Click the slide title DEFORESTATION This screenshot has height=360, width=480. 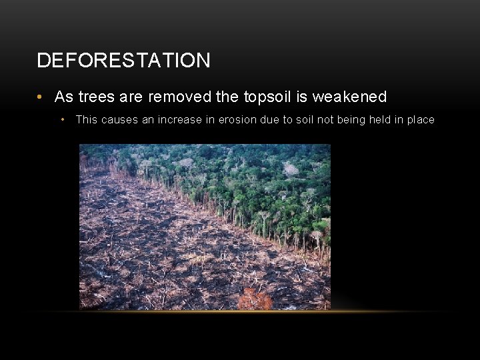pos(123,61)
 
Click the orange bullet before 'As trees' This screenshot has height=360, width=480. pos(41,97)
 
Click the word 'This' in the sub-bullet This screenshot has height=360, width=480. pos(87,120)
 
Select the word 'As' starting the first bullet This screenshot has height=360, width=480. pos(64,97)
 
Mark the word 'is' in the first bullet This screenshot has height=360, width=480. pos(302,97)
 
